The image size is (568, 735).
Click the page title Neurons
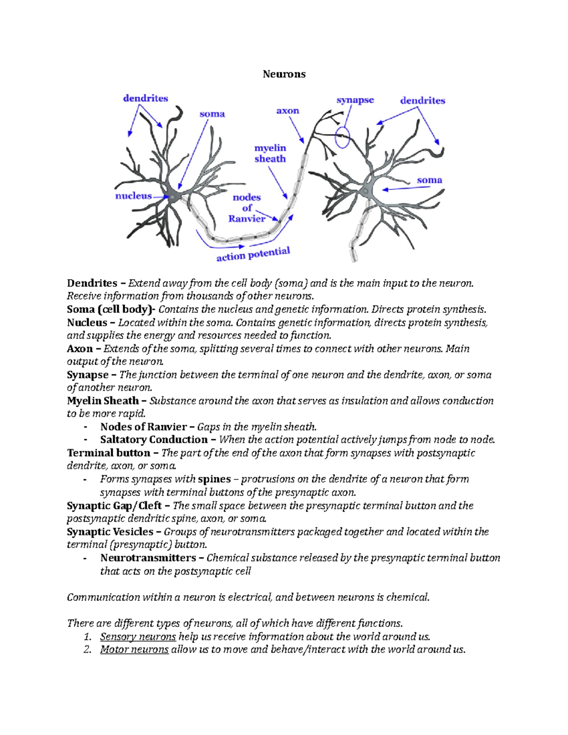coord(284,74)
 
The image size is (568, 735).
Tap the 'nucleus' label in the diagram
coord(133,196)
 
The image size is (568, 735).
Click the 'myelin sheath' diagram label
coord(270,153)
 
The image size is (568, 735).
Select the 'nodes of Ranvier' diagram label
coord(247,208)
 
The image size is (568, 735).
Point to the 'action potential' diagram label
coord(253,254)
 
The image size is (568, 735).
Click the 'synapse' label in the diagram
coord(355,100)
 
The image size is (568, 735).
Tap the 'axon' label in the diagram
coord(288,111)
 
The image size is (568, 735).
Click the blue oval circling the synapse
coord(342,137)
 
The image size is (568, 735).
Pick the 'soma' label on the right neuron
coord(429,180)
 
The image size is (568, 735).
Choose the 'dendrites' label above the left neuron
coord(145,98)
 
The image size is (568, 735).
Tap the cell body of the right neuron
coord(365,191)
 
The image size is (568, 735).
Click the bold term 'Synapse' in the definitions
coord(88,375)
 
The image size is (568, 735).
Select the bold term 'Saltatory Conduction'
coord(154,440)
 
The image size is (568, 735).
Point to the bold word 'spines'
coord(214,479)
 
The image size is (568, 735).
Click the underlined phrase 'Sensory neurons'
coord(138,637)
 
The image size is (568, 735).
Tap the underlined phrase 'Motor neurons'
coord(134,649)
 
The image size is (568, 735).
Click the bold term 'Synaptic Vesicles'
coord(110,532)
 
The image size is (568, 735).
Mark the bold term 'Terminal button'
coord(108,453)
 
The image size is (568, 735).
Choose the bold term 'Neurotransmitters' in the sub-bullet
coord(148,558)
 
